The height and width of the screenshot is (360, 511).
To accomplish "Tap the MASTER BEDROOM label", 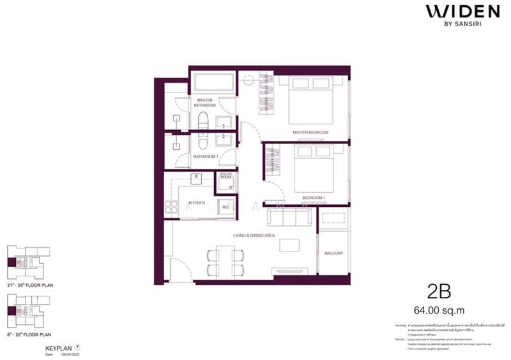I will coord(310,132).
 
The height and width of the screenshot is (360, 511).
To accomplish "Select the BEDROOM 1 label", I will coord(314,198).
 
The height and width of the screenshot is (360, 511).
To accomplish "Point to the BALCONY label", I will coord(333,253).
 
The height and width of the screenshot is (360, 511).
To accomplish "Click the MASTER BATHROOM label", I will coord(205,103).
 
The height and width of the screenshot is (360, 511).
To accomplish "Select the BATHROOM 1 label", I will coord(206,156).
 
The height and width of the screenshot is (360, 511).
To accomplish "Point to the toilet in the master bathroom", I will coord(204,121).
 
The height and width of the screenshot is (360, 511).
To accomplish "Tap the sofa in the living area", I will coord(291,218).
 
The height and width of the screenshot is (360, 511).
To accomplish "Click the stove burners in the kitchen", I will coord(171,206).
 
